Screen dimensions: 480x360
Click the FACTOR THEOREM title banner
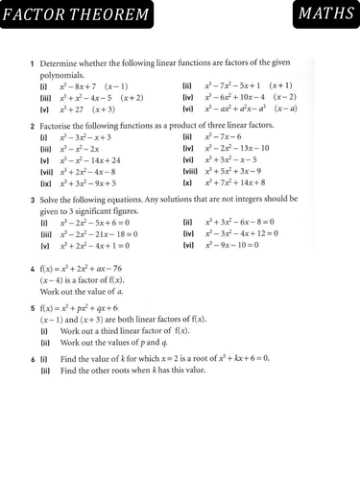(77, 16)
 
